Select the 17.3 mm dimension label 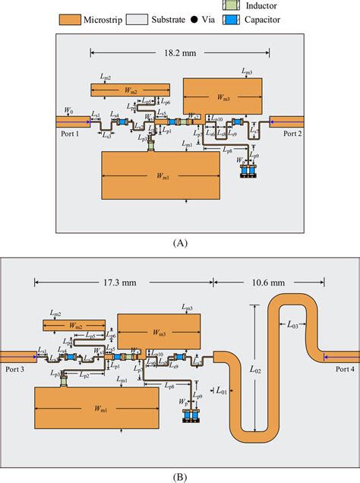pyautogui.click(x=122, y=281)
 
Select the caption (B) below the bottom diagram pyautogui.click(x=180, y=477)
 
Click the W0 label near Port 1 pyautogui.click(x=69, y=111)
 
